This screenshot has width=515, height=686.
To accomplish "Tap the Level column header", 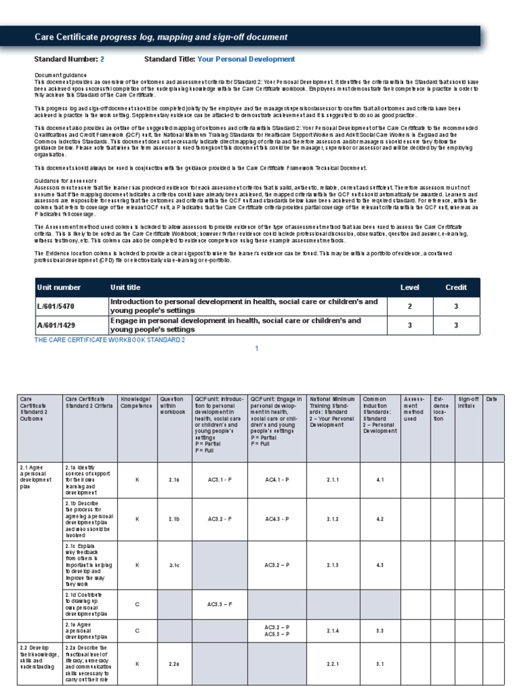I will point(409,287).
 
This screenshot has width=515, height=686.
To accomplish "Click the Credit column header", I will point(456,287).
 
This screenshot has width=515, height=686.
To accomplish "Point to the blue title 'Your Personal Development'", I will point(246,59).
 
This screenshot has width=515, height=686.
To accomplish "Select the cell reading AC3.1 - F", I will point(220,480).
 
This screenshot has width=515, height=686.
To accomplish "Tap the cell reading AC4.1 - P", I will point(277,480).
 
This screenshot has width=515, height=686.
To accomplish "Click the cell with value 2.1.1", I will point(333,480).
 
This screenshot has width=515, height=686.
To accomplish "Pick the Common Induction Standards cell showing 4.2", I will point(380,519).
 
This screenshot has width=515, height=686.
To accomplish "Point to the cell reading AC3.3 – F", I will point(220,604).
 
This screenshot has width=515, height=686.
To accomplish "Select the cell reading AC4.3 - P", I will point(277,519).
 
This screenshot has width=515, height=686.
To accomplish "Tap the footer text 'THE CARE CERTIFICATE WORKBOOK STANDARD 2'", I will point(109,340).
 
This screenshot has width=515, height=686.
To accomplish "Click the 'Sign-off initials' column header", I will point(467,402).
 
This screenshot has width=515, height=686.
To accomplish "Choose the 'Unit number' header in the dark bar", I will point(59,287).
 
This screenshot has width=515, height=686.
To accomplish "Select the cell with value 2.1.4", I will point(333,631).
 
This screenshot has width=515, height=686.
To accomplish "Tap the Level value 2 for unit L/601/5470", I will point(409,306).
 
